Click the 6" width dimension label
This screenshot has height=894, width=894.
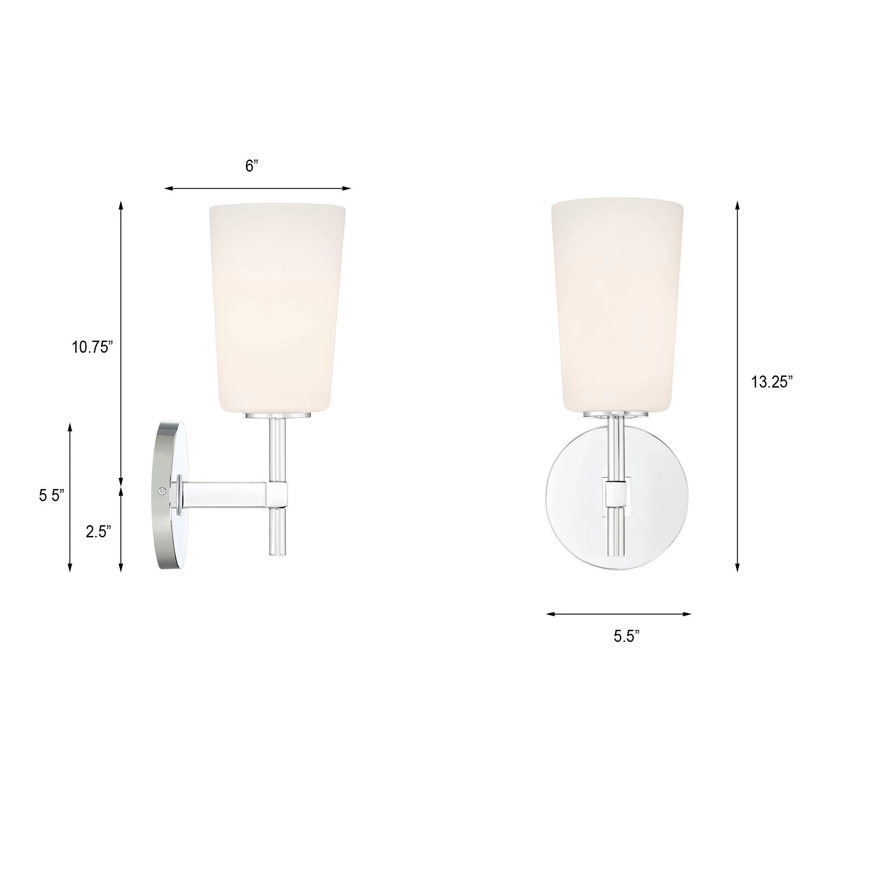tap(252, 166)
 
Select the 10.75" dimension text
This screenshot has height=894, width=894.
tap(92, 347)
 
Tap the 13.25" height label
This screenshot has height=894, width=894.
tap(772, 382)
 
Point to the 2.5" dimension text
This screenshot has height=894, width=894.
tap(98, 531)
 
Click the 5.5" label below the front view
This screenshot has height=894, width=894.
tap(627, 636)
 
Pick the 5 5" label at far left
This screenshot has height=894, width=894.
tap(51, 496)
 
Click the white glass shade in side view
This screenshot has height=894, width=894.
tap(277, 305)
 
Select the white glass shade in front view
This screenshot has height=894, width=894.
tap(618, 305)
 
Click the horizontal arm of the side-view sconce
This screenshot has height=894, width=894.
tap(224, 493)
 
